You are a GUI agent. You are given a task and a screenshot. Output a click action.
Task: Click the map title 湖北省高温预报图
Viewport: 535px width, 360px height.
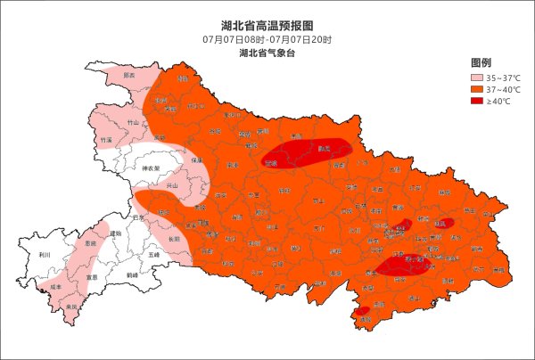267,26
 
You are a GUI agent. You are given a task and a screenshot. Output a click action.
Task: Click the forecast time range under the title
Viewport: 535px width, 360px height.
267,40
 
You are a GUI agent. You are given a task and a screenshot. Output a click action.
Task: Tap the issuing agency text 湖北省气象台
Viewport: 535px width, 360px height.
267,53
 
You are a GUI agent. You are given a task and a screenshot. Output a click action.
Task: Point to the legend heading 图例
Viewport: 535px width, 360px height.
481,63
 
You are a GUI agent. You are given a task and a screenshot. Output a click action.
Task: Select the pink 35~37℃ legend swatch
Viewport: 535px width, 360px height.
478,78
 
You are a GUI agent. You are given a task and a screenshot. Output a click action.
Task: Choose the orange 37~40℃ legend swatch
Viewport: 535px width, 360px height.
478,89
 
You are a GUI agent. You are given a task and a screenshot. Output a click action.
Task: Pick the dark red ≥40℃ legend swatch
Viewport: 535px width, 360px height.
478,101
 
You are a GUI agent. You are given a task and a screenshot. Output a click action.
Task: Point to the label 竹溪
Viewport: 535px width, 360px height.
107,140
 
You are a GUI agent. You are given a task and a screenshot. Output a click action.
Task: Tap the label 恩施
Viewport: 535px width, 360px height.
89,242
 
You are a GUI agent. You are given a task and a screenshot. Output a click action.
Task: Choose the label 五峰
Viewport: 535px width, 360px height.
153,255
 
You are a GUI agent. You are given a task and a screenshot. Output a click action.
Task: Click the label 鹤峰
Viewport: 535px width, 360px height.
132,275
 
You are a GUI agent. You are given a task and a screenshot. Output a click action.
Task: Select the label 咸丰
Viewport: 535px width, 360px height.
55,287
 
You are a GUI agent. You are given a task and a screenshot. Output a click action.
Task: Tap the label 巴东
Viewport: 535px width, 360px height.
137,217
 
